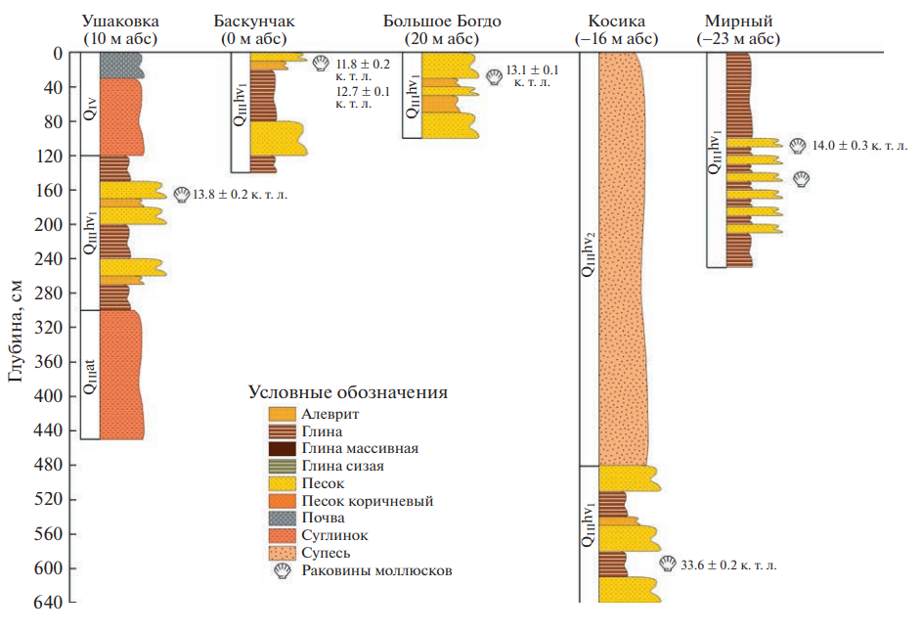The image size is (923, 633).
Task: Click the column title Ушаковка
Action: tap(120, 21)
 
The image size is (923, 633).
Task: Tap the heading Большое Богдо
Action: tap(430, 21)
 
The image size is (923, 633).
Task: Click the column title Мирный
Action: tap(738, 21)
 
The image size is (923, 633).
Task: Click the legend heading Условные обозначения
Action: tap(347, 392)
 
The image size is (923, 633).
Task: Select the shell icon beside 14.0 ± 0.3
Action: tap(798, 146)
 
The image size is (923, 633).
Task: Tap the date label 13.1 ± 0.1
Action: tap(534, 69)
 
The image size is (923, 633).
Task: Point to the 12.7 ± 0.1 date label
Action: tap(362, 92)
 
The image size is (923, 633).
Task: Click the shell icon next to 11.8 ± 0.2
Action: tap(321, 64)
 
